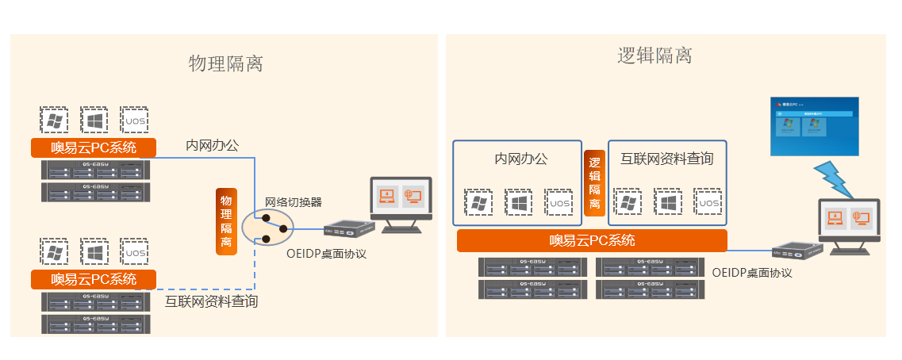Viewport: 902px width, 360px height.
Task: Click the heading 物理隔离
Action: pos(225,64)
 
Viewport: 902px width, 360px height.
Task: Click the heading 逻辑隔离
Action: pos(654,56)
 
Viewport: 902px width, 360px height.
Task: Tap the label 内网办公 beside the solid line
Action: pos(212,145)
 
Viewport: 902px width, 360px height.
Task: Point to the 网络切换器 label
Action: pos(294,202)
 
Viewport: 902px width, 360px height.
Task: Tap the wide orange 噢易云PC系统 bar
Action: pos(592,241)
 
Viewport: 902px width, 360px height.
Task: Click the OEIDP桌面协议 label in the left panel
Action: pos(326,254)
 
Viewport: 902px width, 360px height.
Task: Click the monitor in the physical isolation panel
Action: pos(401,204)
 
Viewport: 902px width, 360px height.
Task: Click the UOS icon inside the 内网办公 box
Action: pos(558,203)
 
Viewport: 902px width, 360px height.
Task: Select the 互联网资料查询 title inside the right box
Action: pos(666,159)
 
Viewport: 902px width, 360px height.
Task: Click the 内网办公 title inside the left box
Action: pos(520,159)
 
